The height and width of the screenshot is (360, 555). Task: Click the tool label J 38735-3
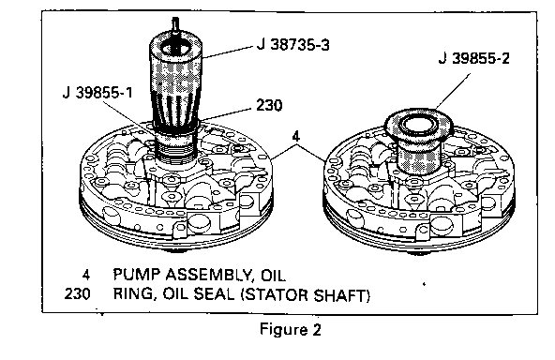pos(293,45)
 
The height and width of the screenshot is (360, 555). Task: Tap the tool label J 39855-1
pos(97,93)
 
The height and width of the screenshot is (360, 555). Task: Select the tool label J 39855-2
pos(474,58)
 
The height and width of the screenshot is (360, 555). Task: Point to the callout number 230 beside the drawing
pos(269,105)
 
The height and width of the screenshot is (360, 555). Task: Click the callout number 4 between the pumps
pos(296,136)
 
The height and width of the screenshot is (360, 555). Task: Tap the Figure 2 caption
pos(291,329)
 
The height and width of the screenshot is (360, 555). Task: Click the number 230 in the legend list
pos(77,294)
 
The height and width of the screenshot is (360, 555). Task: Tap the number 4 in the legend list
pos(86,275)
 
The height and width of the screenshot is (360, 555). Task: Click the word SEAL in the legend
pos(214,294)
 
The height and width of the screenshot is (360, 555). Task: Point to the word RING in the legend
pos(135,295)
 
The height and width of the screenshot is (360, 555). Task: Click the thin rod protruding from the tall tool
pos(175,25)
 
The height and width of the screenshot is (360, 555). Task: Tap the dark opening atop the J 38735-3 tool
pos(174,48)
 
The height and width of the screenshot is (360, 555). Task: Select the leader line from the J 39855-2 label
pos(453,91)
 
